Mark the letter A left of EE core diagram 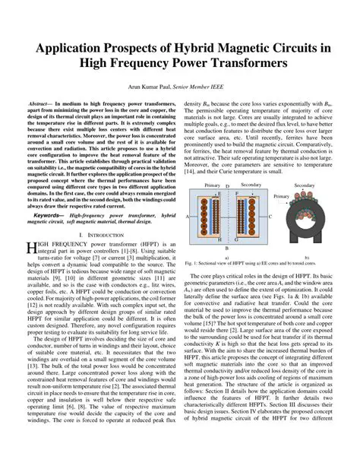[186, 216]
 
